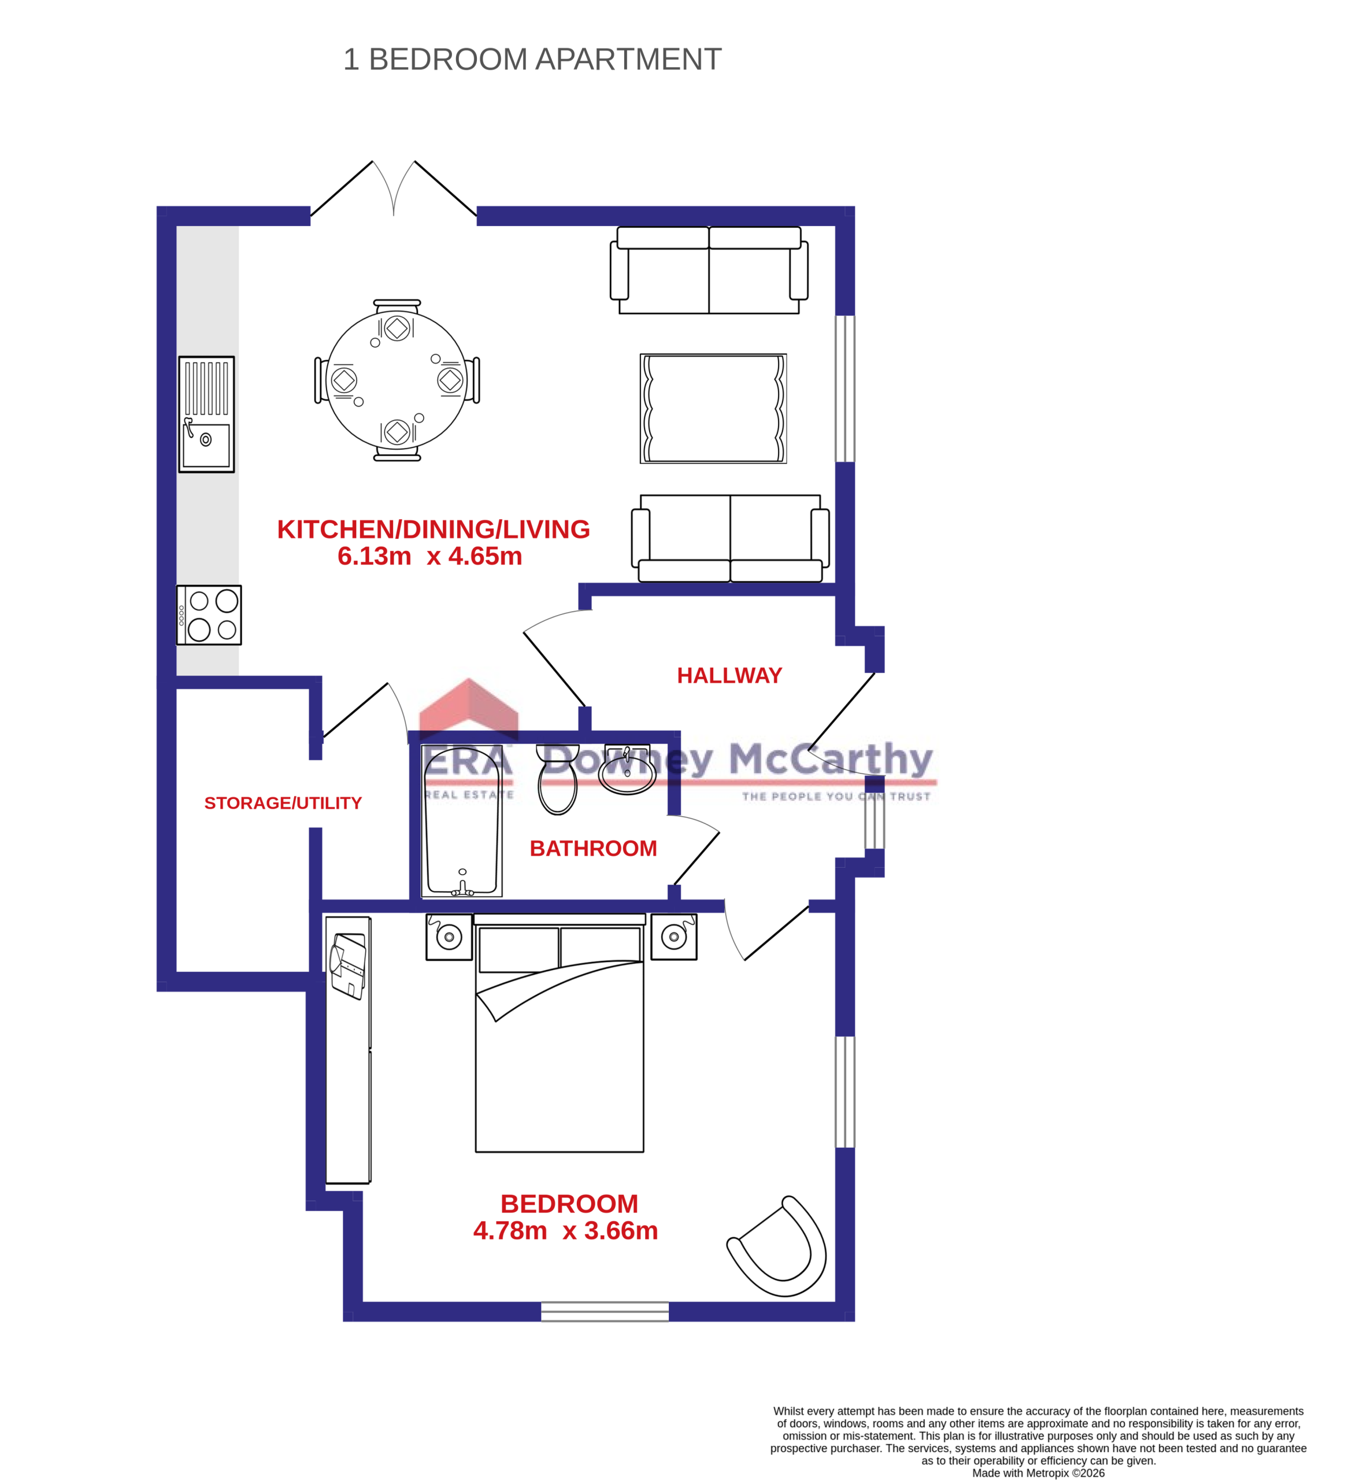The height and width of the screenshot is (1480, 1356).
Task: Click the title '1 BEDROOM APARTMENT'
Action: coord(532,60)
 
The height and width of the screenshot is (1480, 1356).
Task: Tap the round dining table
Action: coord(397,380)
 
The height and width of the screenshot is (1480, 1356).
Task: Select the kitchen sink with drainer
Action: coord(206,414)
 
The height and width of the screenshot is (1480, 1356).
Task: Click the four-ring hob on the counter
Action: coord(209,615)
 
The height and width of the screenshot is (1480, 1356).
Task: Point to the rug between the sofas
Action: coord(713,408)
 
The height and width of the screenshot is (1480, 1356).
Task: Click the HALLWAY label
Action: coord(729,675)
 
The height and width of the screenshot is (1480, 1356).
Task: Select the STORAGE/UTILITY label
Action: coord(283,803)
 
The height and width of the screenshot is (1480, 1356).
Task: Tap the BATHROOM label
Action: coord(593,849)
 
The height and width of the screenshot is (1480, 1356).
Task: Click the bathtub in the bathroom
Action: coord(462,821)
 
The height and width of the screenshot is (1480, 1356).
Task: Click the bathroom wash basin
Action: coord(627,771)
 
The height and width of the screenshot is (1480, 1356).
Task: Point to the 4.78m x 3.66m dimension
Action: coord(565,1231)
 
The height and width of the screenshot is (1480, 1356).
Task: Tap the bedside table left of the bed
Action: coord(449,937)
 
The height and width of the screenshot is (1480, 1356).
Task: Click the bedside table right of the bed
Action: coord(674,937)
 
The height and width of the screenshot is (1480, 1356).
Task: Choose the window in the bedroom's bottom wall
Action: coord(605,1312)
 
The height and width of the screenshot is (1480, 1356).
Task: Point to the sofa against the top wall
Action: coord(709,270)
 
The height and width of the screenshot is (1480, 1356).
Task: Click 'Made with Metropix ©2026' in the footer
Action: coord(1038,1472)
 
